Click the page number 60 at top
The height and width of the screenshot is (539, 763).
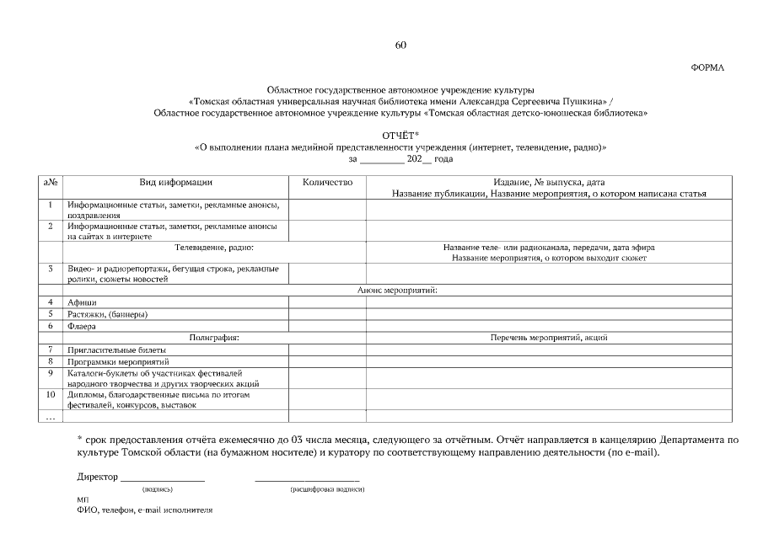[400, 45]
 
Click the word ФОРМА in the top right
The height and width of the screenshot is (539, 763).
[707, 67]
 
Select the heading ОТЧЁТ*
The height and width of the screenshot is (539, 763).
[400, 136]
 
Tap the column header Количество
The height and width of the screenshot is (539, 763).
[327, 182]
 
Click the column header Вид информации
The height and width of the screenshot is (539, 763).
[175, 182]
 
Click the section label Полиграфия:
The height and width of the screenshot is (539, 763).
[214, 337]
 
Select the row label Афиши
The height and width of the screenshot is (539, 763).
[83, 302]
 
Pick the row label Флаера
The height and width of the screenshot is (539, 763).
[83, 326]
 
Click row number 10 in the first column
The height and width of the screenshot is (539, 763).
[51, 393]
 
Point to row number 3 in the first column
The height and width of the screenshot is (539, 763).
[51, 269]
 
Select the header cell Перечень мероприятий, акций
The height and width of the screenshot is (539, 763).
[549, 337]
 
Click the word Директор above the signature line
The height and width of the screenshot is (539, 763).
[97, 477]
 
